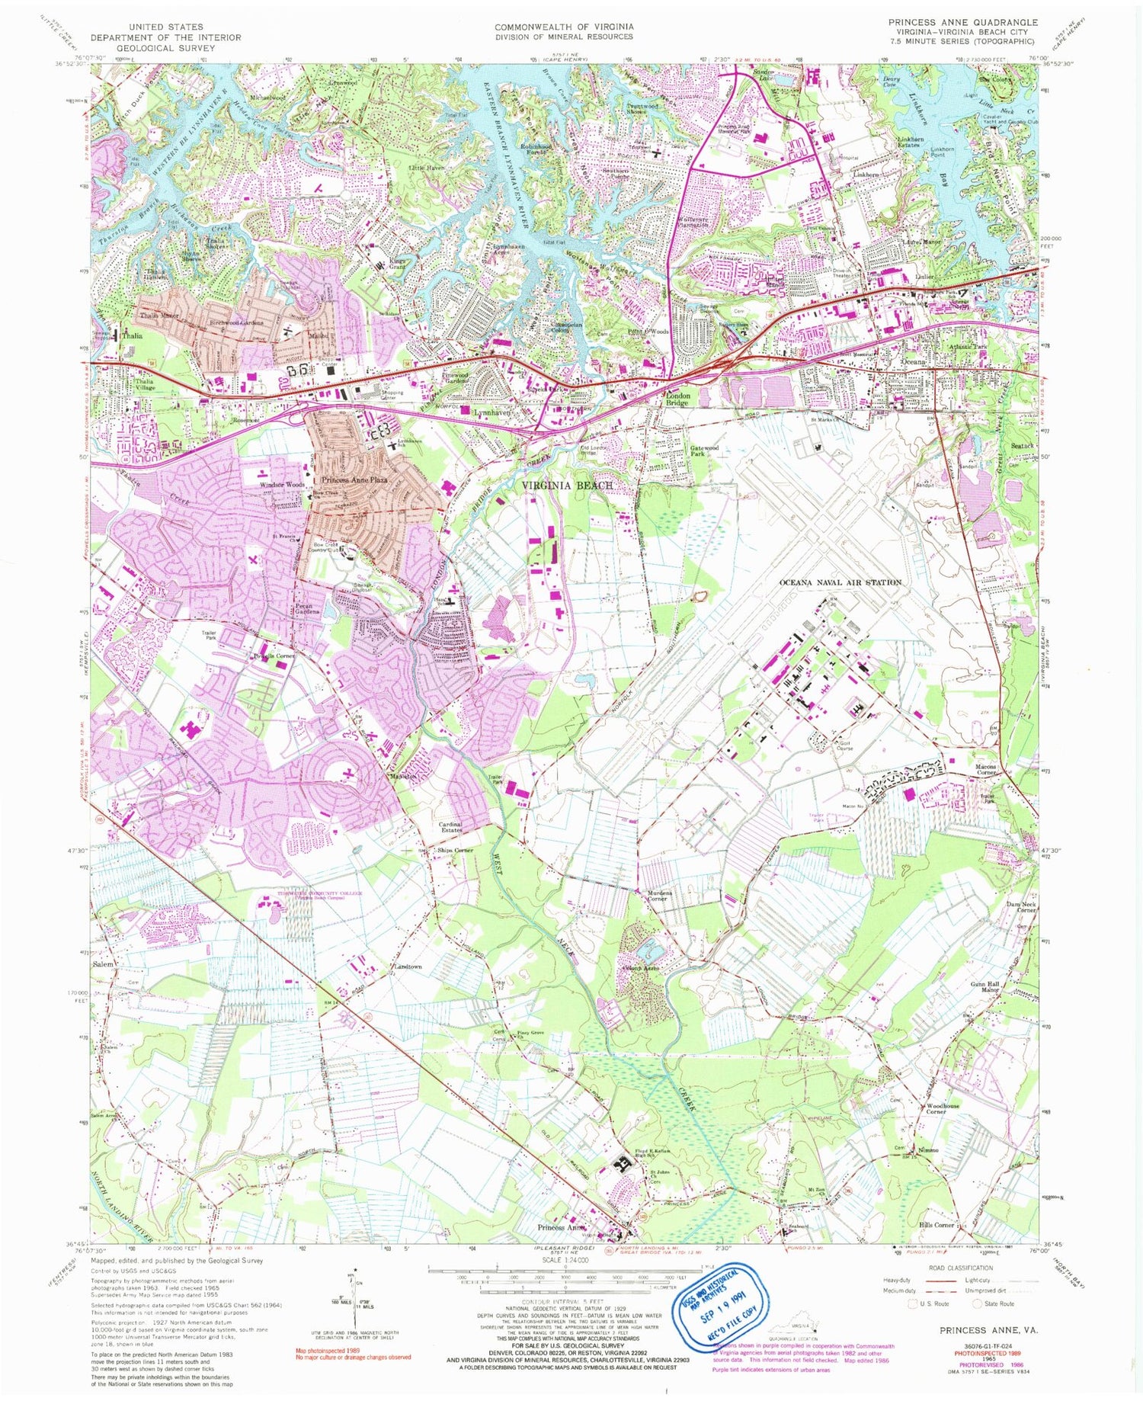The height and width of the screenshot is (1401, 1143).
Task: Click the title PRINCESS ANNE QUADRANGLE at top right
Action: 962,22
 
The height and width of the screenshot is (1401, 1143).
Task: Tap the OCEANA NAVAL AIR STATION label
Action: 840,582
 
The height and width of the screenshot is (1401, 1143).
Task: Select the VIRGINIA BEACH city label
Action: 567,485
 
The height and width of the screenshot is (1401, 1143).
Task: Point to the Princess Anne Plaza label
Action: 354,480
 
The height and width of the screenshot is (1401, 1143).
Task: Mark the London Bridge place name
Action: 677,399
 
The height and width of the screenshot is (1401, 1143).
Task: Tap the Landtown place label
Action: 408,967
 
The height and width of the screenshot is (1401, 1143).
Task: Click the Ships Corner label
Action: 455,850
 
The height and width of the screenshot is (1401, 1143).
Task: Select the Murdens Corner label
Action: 657,896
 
